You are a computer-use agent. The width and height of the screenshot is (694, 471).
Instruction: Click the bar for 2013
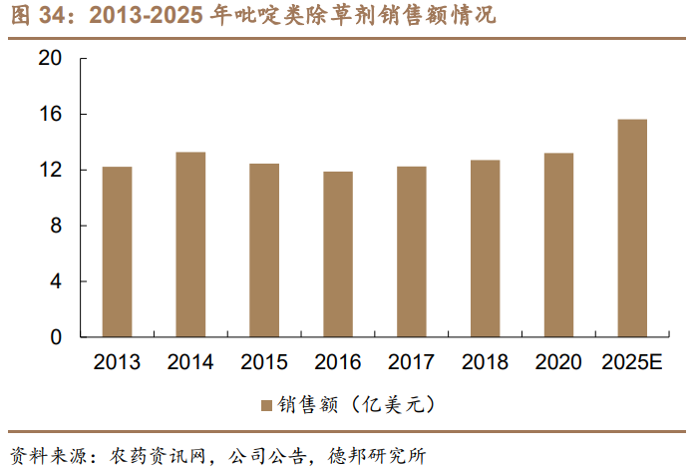point(117,251)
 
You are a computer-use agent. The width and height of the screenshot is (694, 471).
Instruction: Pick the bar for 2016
point(338,254)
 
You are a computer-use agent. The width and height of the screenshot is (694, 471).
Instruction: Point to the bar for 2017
point(411,251)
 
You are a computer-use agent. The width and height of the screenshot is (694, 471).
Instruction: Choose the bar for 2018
point(485,248)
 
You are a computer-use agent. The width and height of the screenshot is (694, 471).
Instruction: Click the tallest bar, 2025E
point(632,229)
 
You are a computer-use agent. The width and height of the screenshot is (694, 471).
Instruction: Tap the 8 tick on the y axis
point(56,227)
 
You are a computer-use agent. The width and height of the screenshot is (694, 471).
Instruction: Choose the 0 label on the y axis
point(56,338)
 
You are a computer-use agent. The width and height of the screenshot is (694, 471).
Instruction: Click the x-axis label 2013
point(117,362)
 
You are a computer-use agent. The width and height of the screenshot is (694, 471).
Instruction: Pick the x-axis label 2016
point(338,362)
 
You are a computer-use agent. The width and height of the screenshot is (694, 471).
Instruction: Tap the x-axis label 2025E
point(632,362)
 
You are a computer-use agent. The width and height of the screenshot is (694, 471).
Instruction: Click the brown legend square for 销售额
point(266,405)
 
